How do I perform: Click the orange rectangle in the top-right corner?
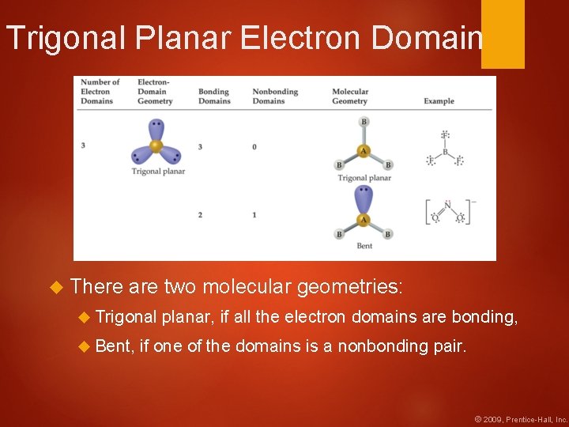503,33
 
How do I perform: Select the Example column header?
439,101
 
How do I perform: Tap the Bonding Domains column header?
213,96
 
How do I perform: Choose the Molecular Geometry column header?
350,96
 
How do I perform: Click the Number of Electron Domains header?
100,92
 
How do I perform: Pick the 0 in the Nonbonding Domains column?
254,147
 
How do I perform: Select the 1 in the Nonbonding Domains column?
254,215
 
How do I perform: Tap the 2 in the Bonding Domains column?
200,215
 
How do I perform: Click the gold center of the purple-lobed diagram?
156,145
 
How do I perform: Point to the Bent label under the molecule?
364,246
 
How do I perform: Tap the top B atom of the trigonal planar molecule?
364,122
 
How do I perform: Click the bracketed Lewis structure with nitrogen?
447,212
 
